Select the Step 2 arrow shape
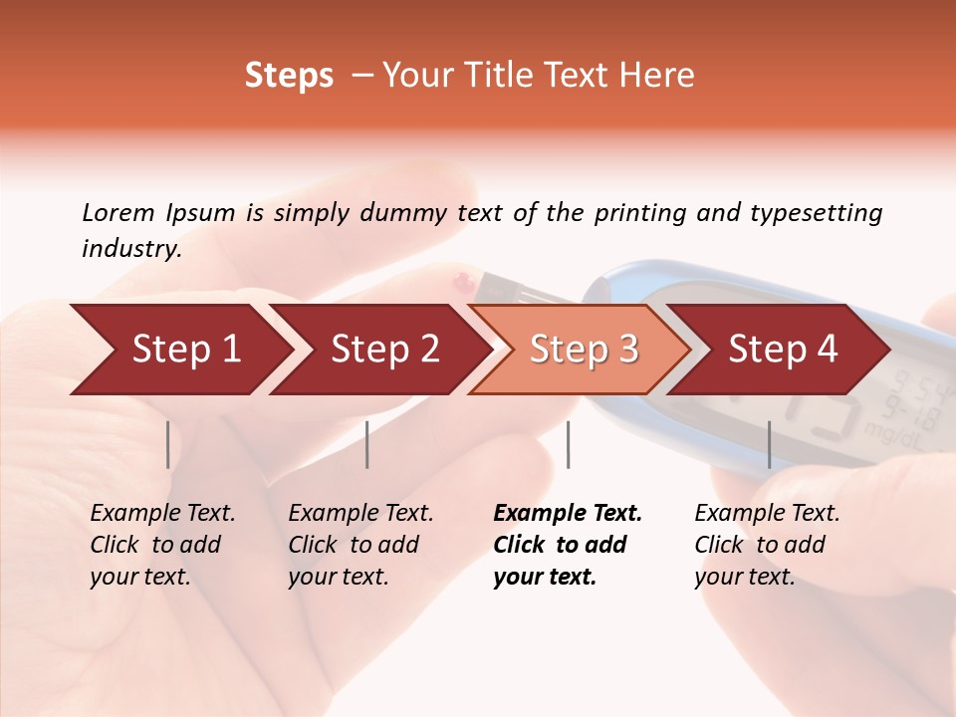(378, 350)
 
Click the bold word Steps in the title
(289, 76)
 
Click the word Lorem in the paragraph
(118, 212)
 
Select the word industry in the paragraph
(131, 249)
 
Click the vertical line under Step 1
(168, 444)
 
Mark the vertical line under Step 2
(367, 444)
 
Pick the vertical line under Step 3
(568, 444)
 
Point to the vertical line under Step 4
(769, 444)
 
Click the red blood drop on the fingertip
(461, 282)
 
